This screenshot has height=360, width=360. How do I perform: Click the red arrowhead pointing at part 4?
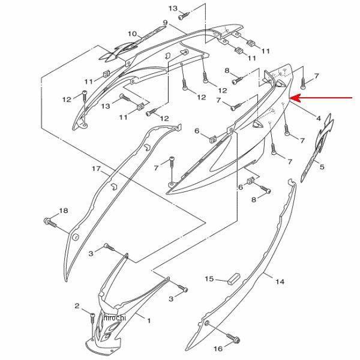(295, 98)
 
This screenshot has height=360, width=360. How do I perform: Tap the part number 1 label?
(149, 320)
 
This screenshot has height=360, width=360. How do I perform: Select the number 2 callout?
(77, 306)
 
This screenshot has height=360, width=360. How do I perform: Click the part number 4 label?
(318, 118)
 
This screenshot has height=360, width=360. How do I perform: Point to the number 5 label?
(322, 167)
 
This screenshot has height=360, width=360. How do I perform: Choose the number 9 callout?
(166, 23)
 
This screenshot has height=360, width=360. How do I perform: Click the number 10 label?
(132, 34)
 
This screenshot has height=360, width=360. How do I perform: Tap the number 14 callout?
(280, 281)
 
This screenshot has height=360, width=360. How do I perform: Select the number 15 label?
(209, 279)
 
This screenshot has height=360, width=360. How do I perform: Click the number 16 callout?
(218, 349)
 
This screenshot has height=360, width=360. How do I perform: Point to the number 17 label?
(96, 169)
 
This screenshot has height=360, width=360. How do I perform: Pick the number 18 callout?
(64, 211)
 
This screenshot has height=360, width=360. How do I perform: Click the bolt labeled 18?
(50, 222)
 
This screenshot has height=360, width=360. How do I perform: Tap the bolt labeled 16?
(233, 338)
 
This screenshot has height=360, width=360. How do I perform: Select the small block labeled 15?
(234, 278)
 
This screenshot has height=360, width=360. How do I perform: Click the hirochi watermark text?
(115, 317)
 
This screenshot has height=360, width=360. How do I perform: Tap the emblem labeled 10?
(132, 45)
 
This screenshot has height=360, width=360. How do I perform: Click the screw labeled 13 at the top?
(184, 16)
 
